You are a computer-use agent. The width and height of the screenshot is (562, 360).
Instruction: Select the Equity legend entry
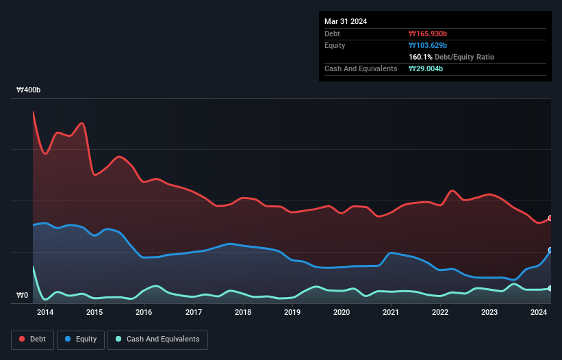81,339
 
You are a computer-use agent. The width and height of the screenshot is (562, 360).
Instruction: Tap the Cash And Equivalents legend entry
157,339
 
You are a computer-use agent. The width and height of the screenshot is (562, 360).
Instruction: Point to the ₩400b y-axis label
29,90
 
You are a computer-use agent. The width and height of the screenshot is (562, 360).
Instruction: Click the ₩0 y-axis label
23,296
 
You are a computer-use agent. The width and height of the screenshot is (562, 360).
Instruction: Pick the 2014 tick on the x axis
45,313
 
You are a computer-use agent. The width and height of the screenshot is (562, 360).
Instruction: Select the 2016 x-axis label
144,313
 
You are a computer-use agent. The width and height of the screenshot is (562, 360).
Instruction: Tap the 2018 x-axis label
242,313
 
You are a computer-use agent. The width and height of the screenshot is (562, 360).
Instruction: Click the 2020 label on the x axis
342,313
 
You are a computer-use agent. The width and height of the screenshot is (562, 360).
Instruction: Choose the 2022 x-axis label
440,313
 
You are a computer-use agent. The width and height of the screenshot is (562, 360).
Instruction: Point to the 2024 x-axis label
539,313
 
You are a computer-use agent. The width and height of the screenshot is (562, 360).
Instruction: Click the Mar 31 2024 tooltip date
346,21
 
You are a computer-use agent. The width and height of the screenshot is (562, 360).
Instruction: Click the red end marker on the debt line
550,218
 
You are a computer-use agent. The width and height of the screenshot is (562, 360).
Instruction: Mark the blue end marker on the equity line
550,250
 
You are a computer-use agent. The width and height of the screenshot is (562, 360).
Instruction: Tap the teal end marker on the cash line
550,288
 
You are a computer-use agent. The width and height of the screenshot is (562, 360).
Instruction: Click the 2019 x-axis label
292,313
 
